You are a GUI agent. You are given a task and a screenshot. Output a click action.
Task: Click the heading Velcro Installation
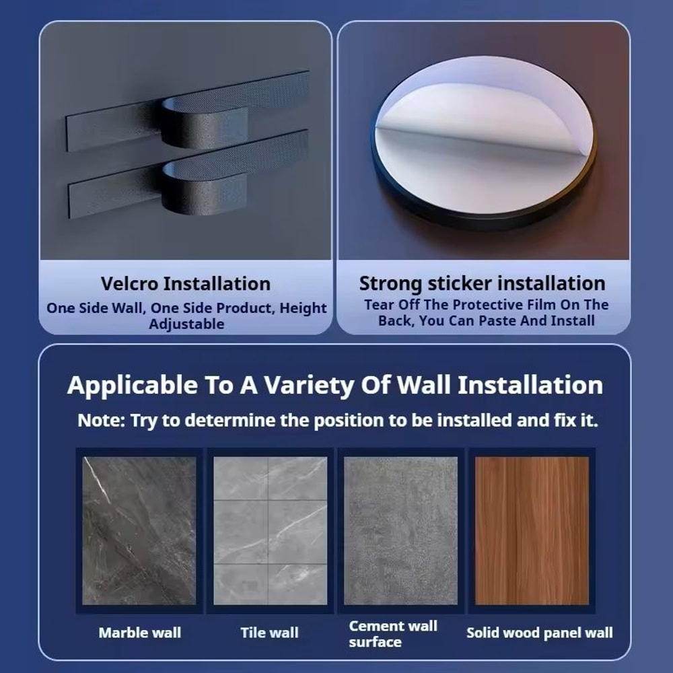(x=186, y=284)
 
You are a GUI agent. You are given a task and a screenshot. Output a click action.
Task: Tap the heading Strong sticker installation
(x=482, y=284)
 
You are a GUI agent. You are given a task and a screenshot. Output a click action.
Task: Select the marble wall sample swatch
(x=139, y=530)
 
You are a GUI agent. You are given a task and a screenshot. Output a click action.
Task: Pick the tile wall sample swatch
(x=270, y=530)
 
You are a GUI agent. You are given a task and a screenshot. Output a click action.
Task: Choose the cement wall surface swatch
(x=401, y=530)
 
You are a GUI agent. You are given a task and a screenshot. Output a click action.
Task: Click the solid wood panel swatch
(x=532, y=530)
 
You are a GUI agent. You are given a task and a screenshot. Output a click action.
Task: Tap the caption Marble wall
(x=139, y=633)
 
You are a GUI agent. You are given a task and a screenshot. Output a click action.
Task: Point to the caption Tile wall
(x=270, y=633)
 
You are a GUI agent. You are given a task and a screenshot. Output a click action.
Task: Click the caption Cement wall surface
(x=393, y=634)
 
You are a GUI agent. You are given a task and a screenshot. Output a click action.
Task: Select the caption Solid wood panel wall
(x=540, y=633)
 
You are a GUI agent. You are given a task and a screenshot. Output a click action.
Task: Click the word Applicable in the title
(x=132, y=386)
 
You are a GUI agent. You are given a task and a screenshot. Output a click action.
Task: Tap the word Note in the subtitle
(x=101, y=420)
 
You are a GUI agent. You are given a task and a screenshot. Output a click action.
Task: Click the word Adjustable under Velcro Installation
(x=186, y=324)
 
